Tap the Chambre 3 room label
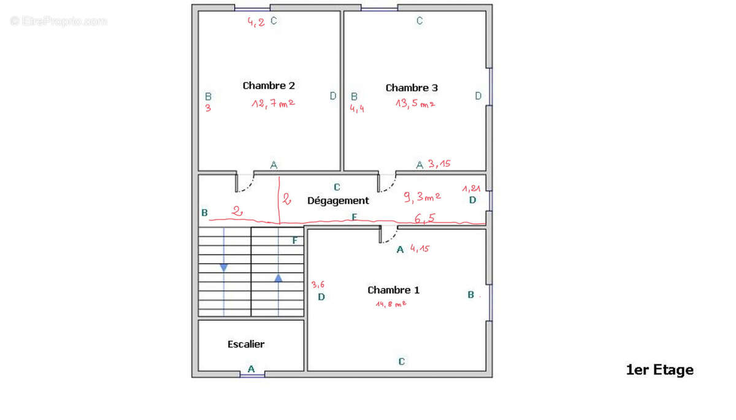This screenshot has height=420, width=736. coord(412,88)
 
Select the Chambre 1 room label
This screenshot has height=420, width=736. coord(393,290)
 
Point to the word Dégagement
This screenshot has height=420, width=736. coord(338,200)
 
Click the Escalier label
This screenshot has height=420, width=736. coord(246,345)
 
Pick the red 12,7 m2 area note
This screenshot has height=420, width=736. coord(273,104)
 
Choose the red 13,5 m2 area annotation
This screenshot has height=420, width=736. coord(415,104)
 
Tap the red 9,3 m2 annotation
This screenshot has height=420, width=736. coord(422,197)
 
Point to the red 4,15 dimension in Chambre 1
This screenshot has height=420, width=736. coord(420,248)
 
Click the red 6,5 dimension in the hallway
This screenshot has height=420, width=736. coord(424,218)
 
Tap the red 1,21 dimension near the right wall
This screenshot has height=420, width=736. coord(471,189)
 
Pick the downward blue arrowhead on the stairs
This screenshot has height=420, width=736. coord(224,267)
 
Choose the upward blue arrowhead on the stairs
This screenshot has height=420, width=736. coord(278,278)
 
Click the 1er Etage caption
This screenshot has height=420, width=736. coord(659,370)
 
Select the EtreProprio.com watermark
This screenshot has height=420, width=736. coord(59,21)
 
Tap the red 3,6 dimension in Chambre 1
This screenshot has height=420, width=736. coord(318,284)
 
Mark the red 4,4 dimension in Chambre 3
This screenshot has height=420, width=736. coord(357,109)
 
